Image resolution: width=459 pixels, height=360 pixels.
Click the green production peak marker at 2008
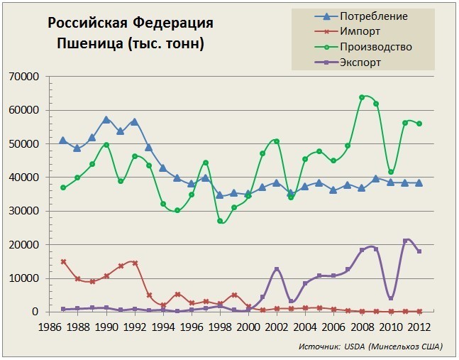pyautogui.click(x=362, y=97)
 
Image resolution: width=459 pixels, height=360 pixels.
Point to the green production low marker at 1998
pyautogui.click(x=220, y=221)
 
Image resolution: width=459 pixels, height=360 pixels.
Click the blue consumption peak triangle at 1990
pyautogui.click(x=106, y=119)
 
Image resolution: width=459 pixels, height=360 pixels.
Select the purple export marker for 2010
pyautogui.click(x=390, y=298)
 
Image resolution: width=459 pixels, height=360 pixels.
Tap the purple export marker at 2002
pyautogui.click(x=277, y=269)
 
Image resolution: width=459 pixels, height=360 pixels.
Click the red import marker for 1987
pyautogui.click(x=63, y=261)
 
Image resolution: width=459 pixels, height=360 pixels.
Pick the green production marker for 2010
pyautogui.click(x=390, y=172)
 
